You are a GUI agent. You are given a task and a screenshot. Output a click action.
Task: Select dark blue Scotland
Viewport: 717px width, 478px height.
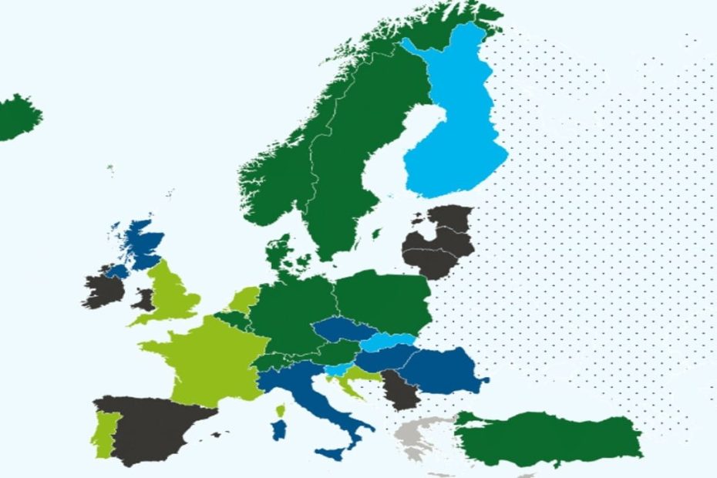point(143,243)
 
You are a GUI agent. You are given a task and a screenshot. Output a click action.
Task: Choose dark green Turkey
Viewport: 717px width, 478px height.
point(555,439)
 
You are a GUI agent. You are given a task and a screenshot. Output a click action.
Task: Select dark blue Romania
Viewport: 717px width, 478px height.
point(443,368)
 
